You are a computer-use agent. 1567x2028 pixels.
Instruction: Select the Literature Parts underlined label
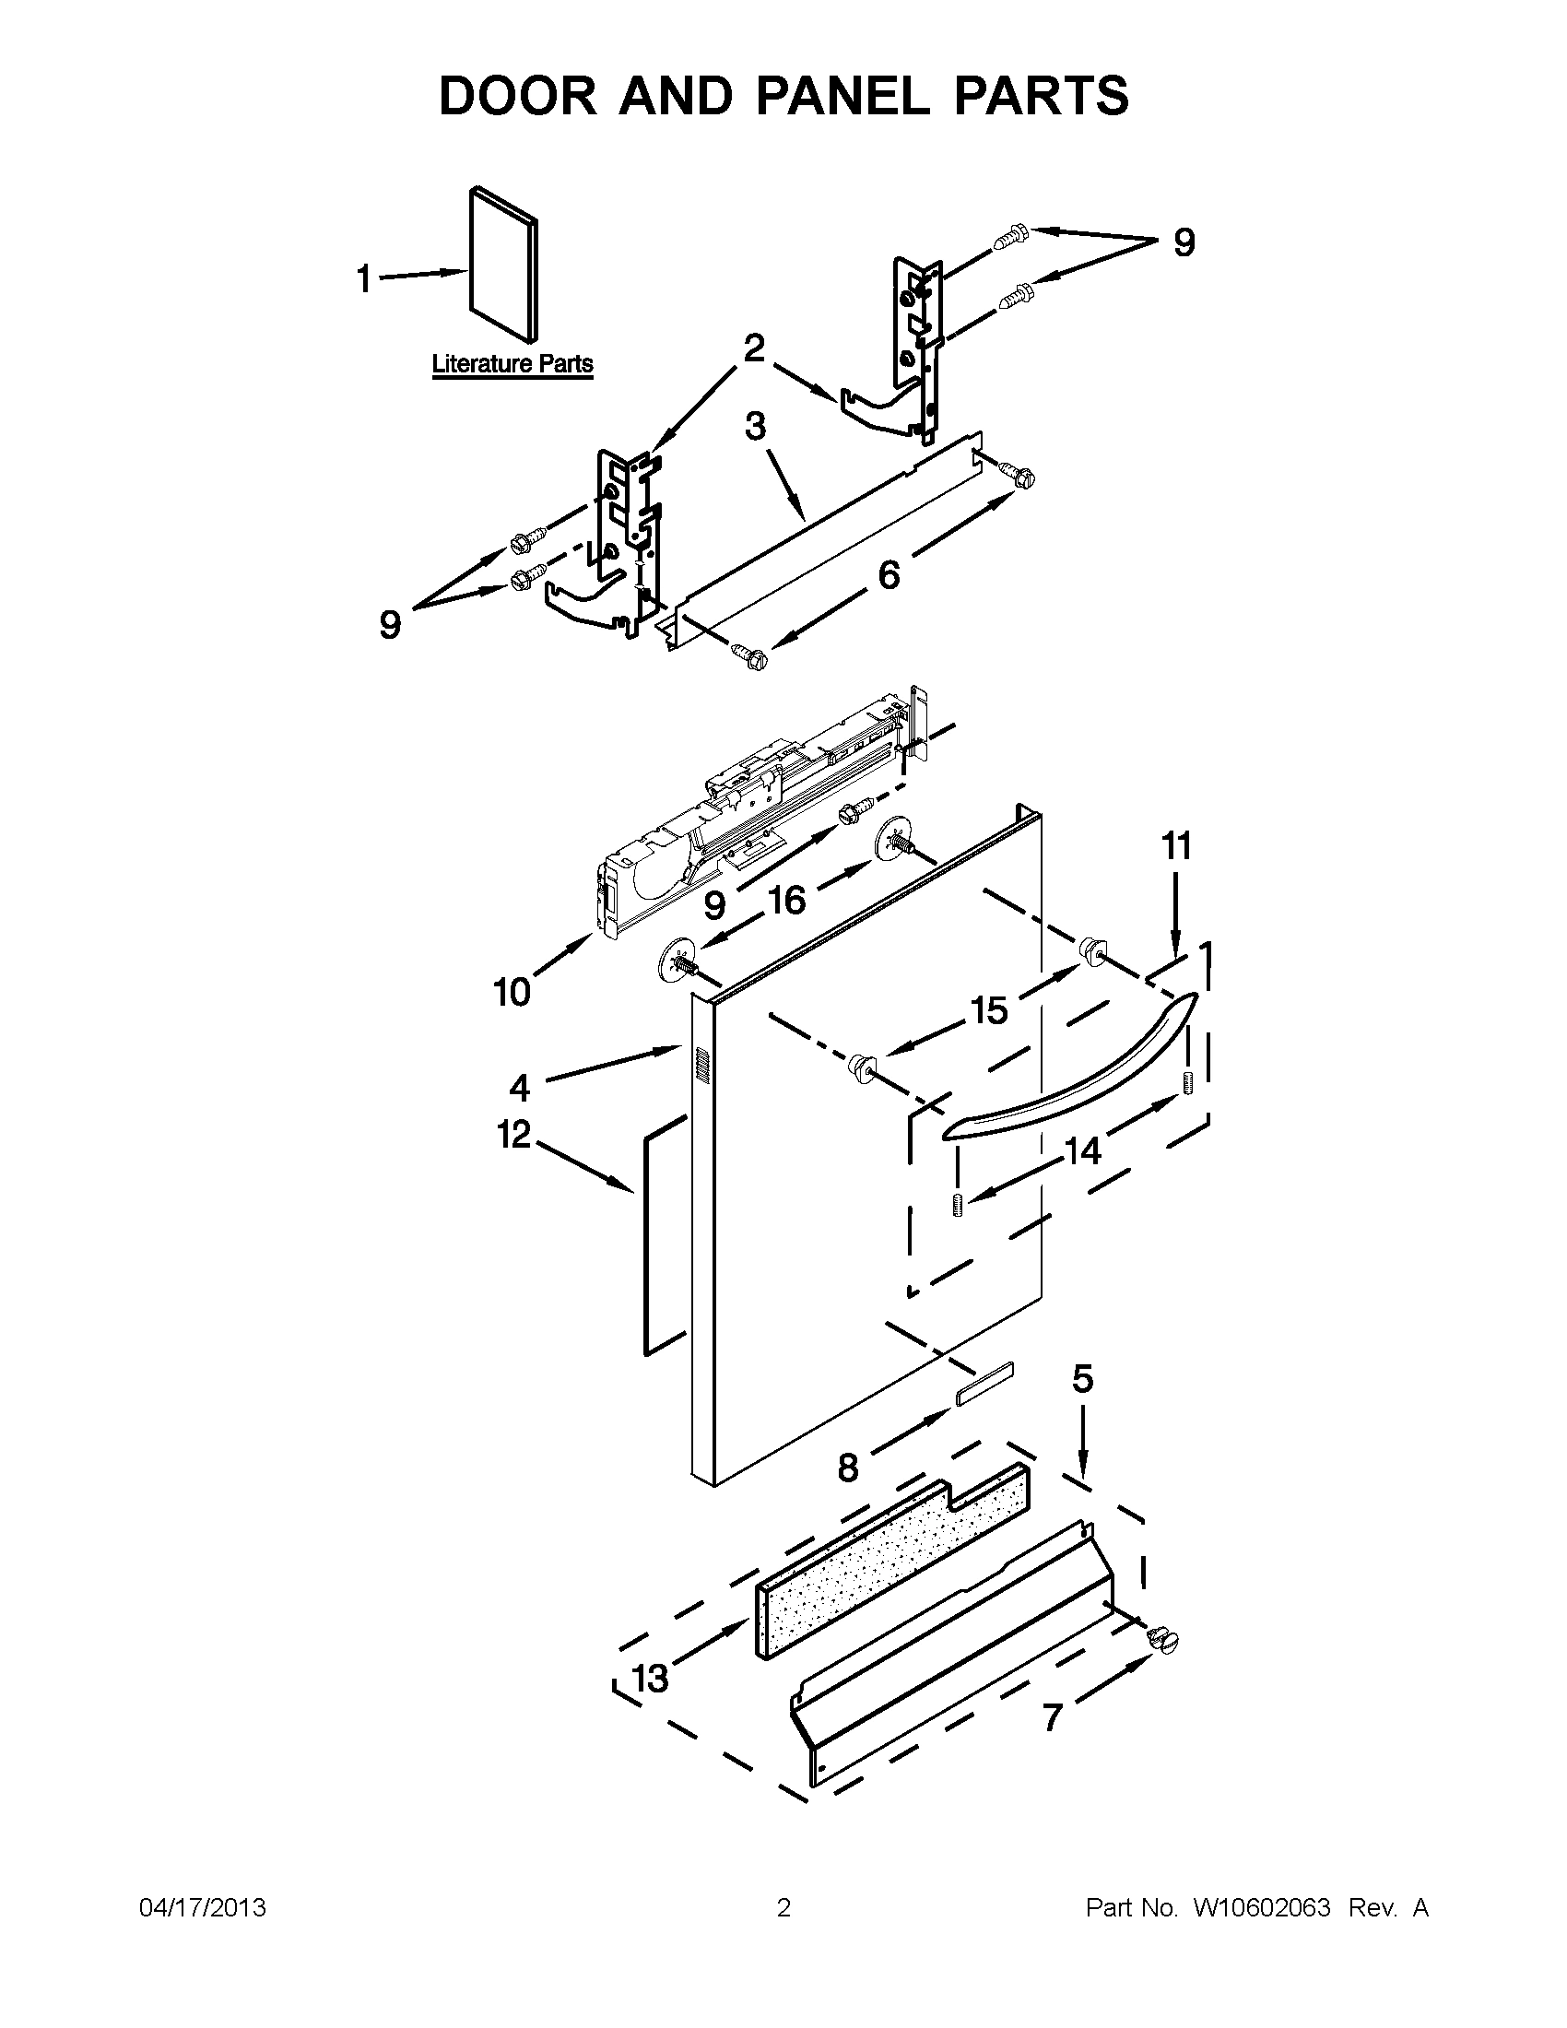pos(513,364)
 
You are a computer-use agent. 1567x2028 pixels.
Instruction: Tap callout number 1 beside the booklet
pos(365,278)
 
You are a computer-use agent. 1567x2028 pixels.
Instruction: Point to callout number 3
pos(756,427)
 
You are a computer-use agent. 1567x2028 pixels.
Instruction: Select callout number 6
pos(889,576)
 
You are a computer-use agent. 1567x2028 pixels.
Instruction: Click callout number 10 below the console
pos(512,993)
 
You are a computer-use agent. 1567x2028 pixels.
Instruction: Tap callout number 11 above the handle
pos(1176,847)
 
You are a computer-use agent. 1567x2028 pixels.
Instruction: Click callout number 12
pos(513,1135)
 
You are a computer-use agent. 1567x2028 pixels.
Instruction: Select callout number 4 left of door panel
pos(519,1087)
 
